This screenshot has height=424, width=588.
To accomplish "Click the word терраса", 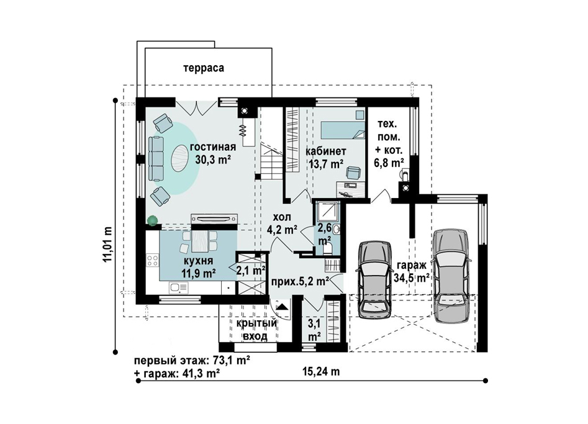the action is point(204,68).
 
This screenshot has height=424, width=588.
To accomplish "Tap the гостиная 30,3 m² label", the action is point(212,153).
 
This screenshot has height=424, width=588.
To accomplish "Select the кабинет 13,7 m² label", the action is point(326,157).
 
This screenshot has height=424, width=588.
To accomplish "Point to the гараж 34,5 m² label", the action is point(412,271).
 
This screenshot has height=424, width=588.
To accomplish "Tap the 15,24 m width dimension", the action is point(321,371).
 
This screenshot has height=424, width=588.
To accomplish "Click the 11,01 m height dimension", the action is point(109,244).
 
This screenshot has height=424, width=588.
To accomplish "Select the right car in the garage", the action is point(450,276).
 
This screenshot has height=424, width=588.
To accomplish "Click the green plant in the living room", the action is point(153,221).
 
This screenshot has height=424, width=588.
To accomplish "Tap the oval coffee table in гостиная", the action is point(180,159).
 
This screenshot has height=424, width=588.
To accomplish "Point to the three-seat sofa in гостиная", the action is point(156,158).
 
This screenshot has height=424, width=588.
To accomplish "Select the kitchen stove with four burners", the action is point(152,260).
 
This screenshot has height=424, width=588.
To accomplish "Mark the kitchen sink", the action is point(178,288).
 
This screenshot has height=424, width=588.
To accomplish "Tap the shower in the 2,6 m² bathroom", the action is point(327,213).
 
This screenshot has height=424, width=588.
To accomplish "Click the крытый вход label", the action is point(256,330).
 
